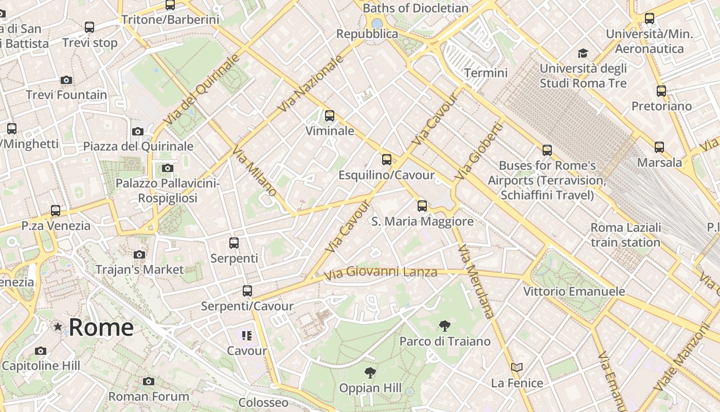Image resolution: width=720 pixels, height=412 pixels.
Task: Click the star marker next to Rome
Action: [58, 327]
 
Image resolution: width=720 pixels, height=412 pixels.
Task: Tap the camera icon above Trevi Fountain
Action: [66, 80]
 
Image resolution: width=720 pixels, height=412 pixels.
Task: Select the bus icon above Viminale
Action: [330, 116]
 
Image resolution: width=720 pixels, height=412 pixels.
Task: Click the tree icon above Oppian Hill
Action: [370, 372]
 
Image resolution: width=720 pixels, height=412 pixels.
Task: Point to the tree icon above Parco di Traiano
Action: [445, 325]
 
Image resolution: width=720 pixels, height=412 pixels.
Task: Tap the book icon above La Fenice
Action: [517, 368]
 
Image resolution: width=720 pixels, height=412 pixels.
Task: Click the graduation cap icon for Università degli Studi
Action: [583, 53]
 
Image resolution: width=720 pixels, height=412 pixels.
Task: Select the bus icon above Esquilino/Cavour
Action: [387, 160]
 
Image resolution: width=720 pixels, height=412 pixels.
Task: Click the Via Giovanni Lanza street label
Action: [381, 272]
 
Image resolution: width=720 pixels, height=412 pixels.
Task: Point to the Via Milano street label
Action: [254, 171]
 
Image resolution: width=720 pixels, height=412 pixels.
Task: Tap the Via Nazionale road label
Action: [311, 84]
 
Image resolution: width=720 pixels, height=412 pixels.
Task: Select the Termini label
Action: [485, 73]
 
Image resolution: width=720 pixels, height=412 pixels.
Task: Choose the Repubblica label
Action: [367, 34]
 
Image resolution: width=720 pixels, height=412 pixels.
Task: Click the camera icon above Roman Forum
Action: [149, 382]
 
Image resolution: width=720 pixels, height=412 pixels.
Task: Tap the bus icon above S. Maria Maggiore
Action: [422, 206]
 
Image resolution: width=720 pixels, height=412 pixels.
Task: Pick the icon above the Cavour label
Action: [247, 336]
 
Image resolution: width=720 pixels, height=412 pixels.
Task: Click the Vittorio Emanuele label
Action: [574, 291]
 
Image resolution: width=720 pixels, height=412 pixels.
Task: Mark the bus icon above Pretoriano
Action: [661, 91]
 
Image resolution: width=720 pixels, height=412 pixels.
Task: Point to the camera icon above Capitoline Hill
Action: [41, 351]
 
